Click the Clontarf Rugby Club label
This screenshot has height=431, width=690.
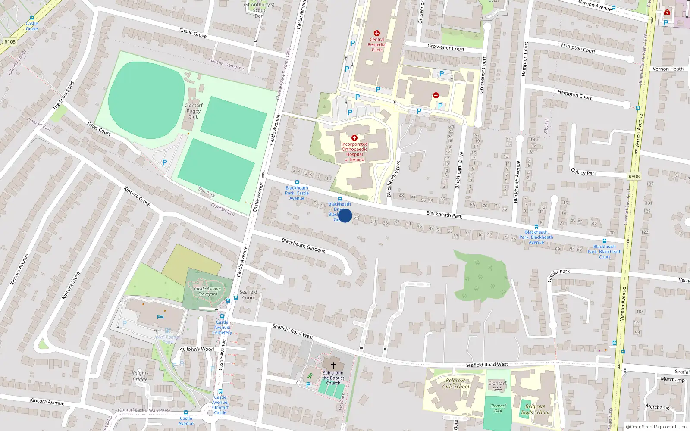tap(194, 111)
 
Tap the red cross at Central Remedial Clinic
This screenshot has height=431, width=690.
tap(377, 33)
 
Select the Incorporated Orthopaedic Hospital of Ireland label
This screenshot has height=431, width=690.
tap(354, 152)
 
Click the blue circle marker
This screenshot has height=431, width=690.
tap(345, 215)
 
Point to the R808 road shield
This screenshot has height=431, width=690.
tap(634, 176)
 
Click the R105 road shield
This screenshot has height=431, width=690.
tap(9, 42)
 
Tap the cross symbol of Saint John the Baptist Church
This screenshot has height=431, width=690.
tap(333, 365)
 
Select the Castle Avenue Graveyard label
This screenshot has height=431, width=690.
tap(207, 291)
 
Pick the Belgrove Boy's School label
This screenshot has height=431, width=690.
tap(535, 409)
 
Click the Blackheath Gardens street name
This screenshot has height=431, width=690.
tap(303, 245)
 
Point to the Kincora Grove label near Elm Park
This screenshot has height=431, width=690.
tap(137, 196)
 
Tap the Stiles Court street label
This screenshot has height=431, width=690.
tap(99, 129)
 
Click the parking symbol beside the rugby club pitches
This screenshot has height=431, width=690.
tap(164, 162)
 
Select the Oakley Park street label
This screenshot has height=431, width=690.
tap(584, 172)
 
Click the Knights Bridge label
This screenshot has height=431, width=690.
tap(140, 376)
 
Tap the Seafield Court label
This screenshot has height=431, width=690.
tap(248, 294)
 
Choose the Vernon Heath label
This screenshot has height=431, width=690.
tap(668, 69)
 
